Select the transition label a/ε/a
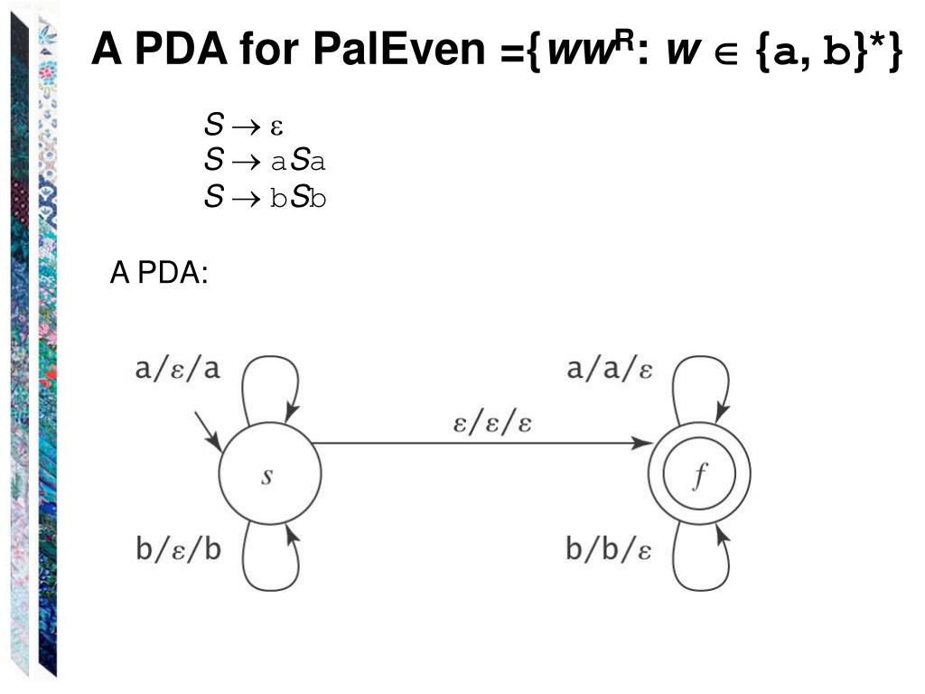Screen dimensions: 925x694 [x=177, y=370]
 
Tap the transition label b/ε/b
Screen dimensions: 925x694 [x=178, y=549]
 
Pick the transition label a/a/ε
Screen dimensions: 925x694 [x=610, y=370]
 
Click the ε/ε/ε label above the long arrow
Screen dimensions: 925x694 [x=492, y=423]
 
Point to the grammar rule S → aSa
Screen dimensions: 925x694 [x=264, y=162]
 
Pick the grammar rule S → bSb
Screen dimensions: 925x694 [x=264, y=197]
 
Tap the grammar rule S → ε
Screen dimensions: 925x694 [x=244, y=127]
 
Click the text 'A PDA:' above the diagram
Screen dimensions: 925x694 [x=159, y=271]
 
